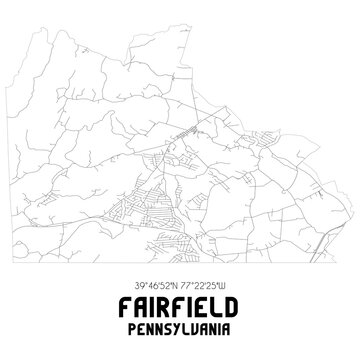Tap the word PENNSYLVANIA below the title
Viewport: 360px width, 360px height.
tap(180, 325)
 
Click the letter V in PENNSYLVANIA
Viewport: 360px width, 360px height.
tap(194, 325)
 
